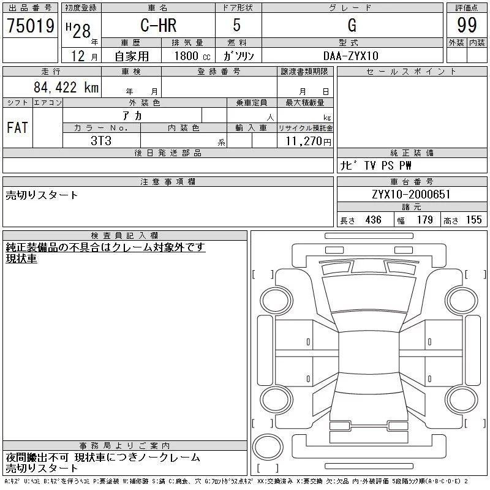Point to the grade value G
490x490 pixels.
click(352, 26)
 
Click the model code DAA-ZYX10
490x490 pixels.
click(352, 56)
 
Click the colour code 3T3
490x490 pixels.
click(101, 141)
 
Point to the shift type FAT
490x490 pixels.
click(17, 128)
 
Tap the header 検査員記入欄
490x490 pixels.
click(125, 235)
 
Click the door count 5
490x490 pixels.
click(238, 26)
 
